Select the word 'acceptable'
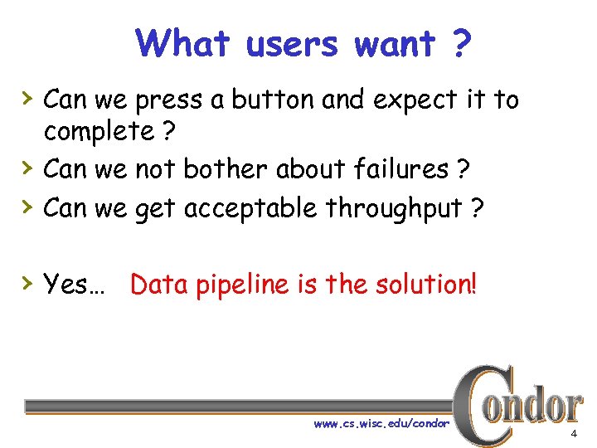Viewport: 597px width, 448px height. click(250, 208)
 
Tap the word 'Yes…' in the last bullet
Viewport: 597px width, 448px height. click(74, 285)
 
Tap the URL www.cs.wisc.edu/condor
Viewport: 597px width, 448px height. click(381, 424)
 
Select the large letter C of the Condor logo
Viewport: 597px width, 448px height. click(480, 406)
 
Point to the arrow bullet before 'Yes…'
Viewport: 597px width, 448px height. click(28, 284)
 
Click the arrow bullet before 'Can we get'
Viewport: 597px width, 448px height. click(28, 207)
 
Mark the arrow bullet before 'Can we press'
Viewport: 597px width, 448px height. click(28, 98)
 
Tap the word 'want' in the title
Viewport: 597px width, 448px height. click(395, 43)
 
